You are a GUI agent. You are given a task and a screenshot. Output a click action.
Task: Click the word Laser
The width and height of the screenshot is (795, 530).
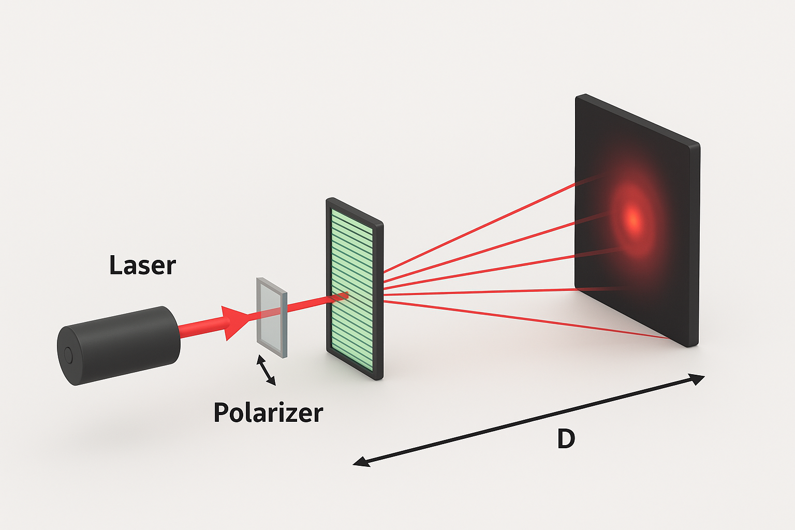tap(142, 266)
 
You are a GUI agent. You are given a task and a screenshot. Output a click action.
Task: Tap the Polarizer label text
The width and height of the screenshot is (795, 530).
tap(268, 413)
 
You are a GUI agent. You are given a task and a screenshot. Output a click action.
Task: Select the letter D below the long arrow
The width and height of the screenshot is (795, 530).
tap(566, 439)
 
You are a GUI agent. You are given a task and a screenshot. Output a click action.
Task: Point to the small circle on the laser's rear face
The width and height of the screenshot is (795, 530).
tap(68, 355)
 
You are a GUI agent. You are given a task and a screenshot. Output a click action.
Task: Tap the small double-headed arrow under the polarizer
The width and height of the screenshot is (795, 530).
tap(266, 370)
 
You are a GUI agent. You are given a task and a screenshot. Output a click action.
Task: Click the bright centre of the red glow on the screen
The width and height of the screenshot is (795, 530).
tap(632, 218)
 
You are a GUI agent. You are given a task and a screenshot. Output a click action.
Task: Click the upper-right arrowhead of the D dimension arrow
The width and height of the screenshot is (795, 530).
tap(699, 378)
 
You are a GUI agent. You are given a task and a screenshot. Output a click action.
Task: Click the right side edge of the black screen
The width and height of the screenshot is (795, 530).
tap(695, 243)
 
